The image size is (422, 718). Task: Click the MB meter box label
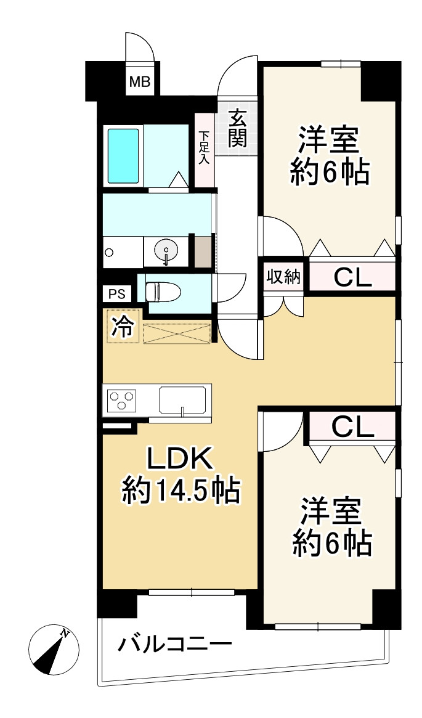(140, 83)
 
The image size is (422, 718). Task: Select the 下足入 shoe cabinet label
(204, 147)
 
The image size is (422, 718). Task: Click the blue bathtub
(123, 156)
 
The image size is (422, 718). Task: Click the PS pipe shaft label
(117, 294)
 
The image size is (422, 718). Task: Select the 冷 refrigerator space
(123, 327)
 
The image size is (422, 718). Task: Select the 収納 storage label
(283, 277)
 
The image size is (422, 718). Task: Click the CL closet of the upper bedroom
(352, 277)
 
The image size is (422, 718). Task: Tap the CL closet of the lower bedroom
(352, 426)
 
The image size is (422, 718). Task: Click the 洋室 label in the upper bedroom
(329, 140)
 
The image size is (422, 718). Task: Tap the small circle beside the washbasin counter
(109, 252)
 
